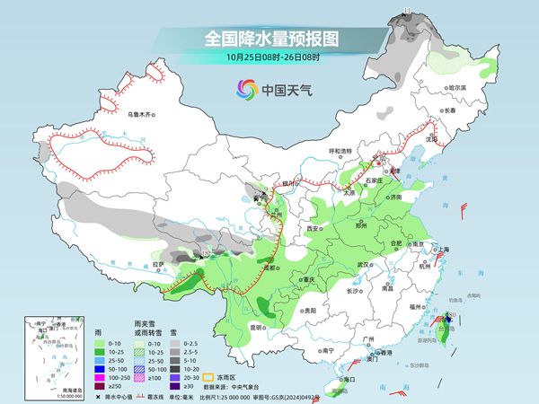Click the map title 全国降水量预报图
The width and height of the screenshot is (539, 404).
tap(269, 39)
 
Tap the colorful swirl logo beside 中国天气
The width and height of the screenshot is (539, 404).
tap(245, 89)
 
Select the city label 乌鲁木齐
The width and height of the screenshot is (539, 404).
tap(141, 115)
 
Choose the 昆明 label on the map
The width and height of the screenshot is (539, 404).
tap(256, 326)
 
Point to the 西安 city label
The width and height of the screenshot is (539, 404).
tap(314, 229)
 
